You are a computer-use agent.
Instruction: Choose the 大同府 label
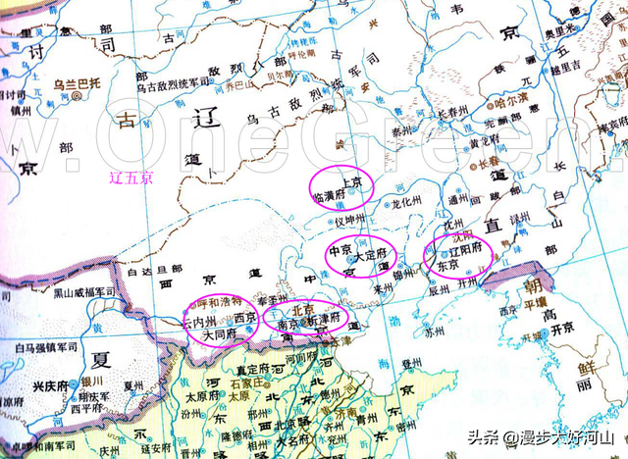pyautogui.click(x=219, y=334)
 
